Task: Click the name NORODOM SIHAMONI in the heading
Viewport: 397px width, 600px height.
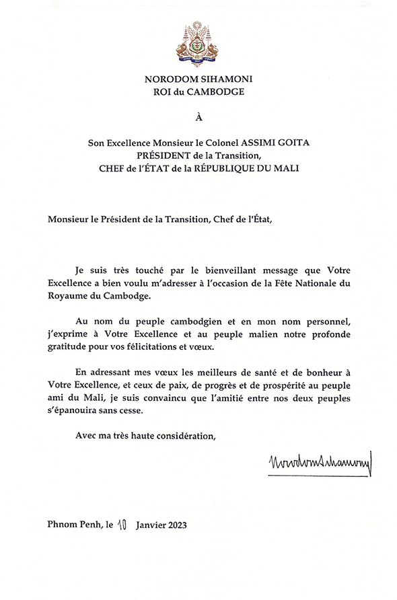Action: coord(198,79)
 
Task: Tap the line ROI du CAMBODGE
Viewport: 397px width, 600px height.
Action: coord(198,91)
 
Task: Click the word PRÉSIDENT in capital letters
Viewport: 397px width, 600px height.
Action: coord(166,155)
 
